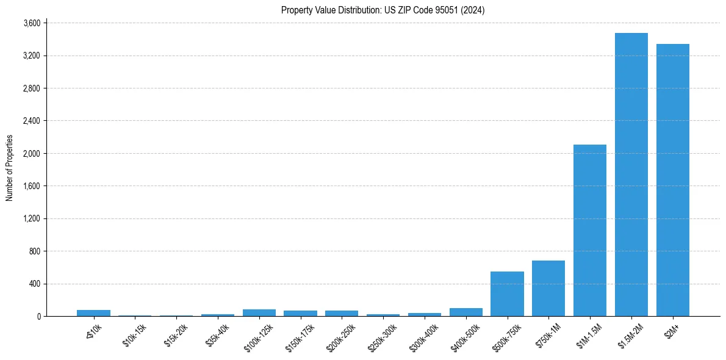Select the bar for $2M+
tap(672, 180)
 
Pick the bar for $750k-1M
tap(548, 288)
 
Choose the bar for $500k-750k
tap(507, 293)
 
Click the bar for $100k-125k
tap(259, 312)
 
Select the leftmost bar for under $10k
tap(93, 313)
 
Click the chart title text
tap(383, 10)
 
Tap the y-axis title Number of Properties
tap(10, 167)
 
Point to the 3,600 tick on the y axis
tap(31, 23)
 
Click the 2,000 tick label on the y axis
tap(31, 154)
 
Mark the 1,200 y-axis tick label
tap(31, 218)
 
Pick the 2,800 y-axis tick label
tap(31, 88)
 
